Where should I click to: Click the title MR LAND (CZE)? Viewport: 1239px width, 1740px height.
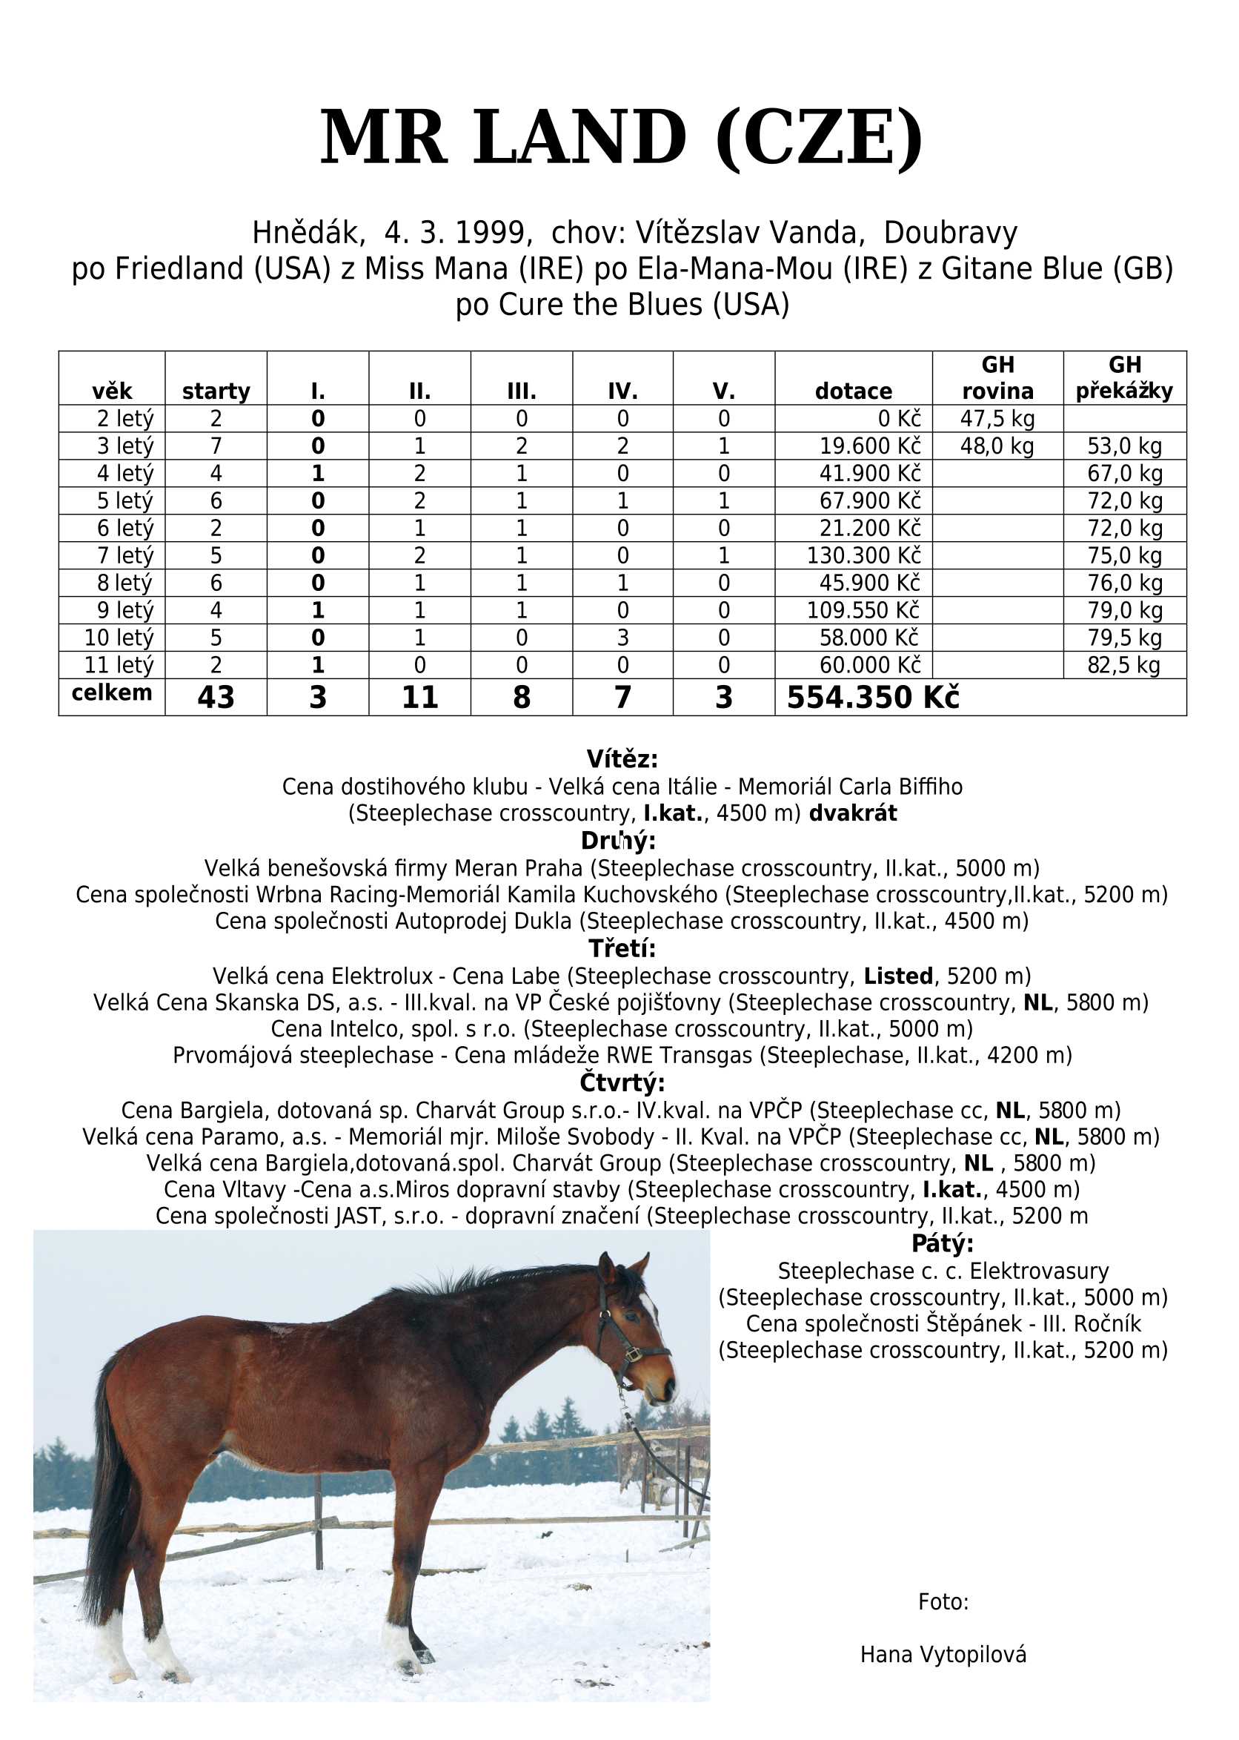[x=621, y=138]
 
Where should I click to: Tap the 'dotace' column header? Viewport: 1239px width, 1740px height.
[x=853, y=391]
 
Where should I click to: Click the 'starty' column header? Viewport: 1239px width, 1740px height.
[x=216, y=391]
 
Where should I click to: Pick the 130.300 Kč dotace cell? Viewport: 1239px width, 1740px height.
[x=863, y=555]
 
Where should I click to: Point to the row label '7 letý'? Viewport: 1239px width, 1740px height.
[x=125, y=555]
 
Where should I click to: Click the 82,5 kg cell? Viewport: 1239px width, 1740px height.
[x=1124, y=666]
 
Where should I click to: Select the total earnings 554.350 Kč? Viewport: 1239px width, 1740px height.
[x=873, y=698]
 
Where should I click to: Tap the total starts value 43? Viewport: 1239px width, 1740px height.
[x=216, y=698]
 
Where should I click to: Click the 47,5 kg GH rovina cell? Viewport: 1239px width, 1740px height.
[x=997, y=419]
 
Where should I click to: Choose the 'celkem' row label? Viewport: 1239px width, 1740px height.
[x=111, y=693]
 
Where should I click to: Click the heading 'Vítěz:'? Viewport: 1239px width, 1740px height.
[x=622, y=759]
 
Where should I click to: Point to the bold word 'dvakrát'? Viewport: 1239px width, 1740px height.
[x=852, y=813]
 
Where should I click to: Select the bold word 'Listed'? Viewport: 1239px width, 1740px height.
[x=898, y=976]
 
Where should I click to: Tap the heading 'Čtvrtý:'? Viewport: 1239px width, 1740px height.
[x=622, y=1083]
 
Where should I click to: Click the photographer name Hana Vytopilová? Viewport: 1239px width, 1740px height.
[x=943, y=1655]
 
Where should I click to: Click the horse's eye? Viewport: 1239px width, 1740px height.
[x=630, y=1317]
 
